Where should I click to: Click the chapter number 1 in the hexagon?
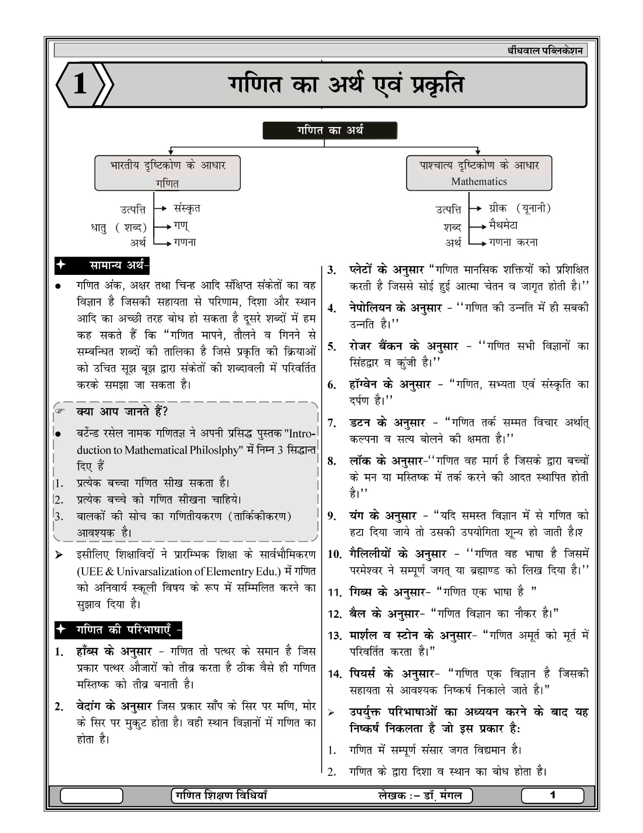(x=79, y=84)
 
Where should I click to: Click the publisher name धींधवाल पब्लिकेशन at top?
(x=545, y=51)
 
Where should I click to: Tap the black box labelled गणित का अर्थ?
(x=330, y=130)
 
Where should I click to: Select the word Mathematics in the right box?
(x=479, y=182)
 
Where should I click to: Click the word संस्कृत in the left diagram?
(x=187, y=208)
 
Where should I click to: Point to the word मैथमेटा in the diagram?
(x=503, y=225)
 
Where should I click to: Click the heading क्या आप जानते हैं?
(x=122, y=412)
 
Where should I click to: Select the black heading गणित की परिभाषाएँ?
(x=119, y=630)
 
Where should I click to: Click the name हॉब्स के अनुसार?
(x=114, y=651)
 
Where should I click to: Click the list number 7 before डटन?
(x=332, y=424)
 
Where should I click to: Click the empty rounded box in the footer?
(x=92, y=796)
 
